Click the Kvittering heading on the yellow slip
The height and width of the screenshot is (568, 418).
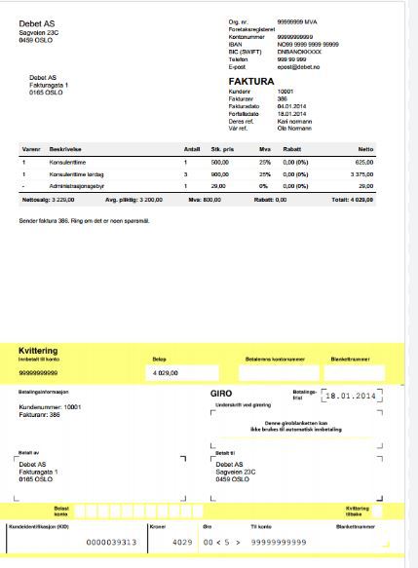[41, 350]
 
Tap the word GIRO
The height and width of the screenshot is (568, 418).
[223, 393]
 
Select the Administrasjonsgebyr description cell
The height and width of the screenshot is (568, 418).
[82, 185]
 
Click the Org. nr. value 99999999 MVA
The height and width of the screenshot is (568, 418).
[304, 20]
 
